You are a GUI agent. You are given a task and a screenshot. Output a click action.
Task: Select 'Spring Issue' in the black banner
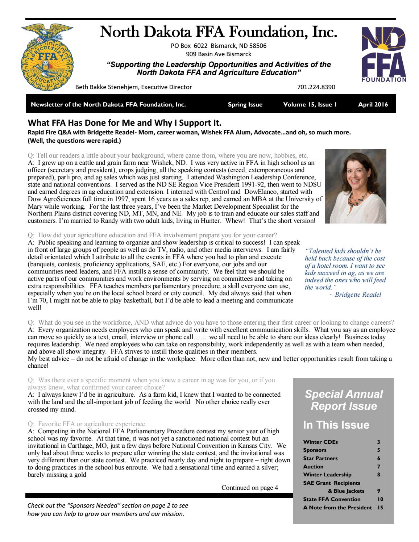click(x=245, y=105)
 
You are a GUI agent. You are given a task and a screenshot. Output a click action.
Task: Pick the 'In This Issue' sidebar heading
click(x=336, y=425)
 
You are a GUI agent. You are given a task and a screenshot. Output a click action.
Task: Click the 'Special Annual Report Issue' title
click(x=343, y=400)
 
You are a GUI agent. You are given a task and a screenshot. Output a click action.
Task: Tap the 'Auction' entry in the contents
click(x=313, y=467)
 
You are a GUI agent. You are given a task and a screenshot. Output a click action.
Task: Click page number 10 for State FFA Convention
click(x=378, y=499)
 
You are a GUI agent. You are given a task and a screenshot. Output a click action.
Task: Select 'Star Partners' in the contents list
click(x=320, y=458)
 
